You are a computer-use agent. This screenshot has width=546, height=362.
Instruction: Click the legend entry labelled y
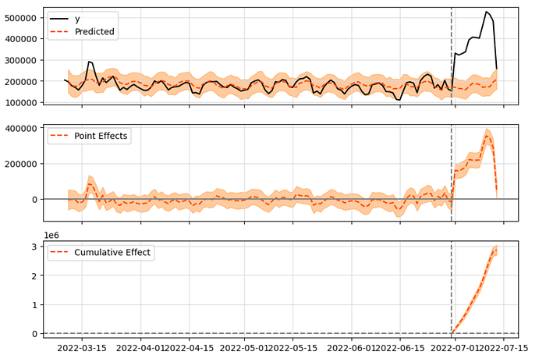tap(76, 18)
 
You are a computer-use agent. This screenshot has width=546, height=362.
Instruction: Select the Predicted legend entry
tap(94, 32)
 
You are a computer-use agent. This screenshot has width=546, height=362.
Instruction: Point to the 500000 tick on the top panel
tap(24, 18)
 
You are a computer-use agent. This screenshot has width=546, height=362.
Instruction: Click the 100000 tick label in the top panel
tap(24, 103)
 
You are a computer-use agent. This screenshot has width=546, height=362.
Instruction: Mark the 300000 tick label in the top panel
tap(24, 60)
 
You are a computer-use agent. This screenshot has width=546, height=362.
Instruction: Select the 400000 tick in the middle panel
tap(24, 128)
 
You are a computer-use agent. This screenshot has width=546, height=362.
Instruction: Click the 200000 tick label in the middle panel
tap(24, 164)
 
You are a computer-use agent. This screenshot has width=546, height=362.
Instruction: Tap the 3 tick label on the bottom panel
tap(35, 247)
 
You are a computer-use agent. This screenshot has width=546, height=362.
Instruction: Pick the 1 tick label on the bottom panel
tap(35, 305)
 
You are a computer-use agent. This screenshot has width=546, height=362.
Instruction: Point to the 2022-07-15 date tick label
tap(503, 349)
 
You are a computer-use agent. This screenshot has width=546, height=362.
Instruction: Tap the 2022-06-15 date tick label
tap(399, 349)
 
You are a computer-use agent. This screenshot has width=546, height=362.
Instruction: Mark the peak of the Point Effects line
tap(487, 135)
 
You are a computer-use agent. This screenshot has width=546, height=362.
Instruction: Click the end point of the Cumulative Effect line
tap(496, 250)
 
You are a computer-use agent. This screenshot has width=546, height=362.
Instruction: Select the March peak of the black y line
tap(89, 61)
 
